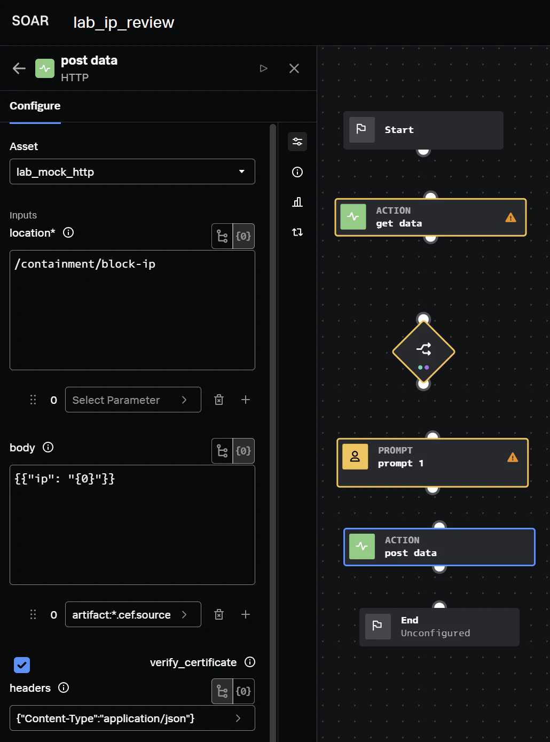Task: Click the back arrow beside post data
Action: [x=19, y=68]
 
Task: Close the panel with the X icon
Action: [x=294, y=68]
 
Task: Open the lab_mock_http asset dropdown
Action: [x=132, y=171]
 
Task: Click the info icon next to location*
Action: [x=68, y=232]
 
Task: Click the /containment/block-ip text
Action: [x=85, y=264]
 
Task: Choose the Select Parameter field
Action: [x=133, y=400]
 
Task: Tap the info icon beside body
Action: [x=48, y=447]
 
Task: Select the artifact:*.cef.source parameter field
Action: [x=133, y=614]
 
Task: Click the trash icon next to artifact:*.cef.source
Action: [x=219, y=614]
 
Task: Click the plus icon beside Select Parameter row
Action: [x=246, y=400]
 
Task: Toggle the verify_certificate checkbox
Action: [x=22, y=665]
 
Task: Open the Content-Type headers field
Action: [x=132, y=718]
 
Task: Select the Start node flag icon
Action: [x=362, y=130]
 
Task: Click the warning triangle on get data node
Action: [x=510, y=217]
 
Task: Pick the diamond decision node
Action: [x=423, y=352]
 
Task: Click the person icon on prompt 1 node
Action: [x=355, y=457]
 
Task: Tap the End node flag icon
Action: [x=378, y=626]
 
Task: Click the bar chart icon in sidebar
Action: [x=297, y=202]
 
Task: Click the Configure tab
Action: [x=35, y=106]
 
